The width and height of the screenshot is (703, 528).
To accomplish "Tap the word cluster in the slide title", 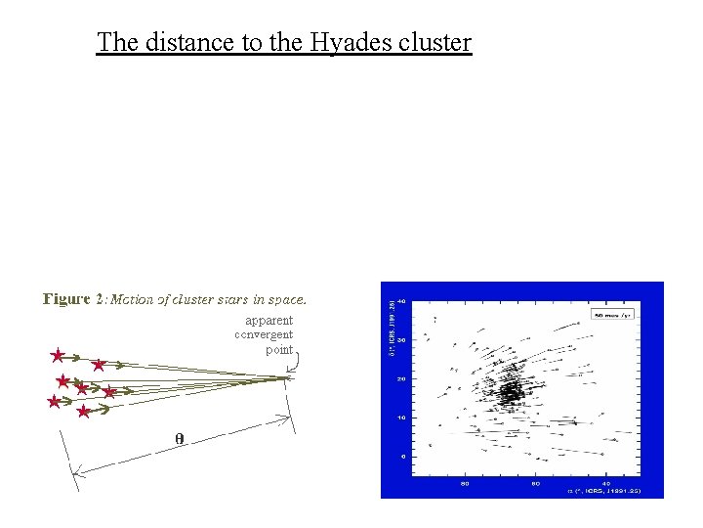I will tap(435, 43).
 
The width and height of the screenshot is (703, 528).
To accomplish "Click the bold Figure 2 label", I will tap(73, 299).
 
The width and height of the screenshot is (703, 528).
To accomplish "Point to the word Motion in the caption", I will tap(133, 299).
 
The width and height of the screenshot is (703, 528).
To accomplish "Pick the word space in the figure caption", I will tap(286, 299).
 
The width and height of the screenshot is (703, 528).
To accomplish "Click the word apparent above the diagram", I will tap(269, 320).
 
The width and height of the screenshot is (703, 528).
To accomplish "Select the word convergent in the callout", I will tap(264, 334).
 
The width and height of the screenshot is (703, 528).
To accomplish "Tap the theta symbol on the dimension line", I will tap(179, 438).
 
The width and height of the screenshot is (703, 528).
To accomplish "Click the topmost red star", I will tap(58, 356).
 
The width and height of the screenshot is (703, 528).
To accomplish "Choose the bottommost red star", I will tap(84, 413).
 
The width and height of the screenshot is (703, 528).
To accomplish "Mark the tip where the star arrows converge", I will tap(290, 377).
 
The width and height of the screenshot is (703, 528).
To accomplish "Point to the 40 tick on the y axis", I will tap(400, 301).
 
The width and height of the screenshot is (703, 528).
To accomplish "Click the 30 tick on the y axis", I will tap(400, 339).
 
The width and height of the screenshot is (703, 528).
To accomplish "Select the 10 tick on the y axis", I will tap(400, 418).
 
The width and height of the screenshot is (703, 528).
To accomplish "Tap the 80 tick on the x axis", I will tap(465, 482).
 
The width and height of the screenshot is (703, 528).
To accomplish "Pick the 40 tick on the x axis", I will tap(606, 482).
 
